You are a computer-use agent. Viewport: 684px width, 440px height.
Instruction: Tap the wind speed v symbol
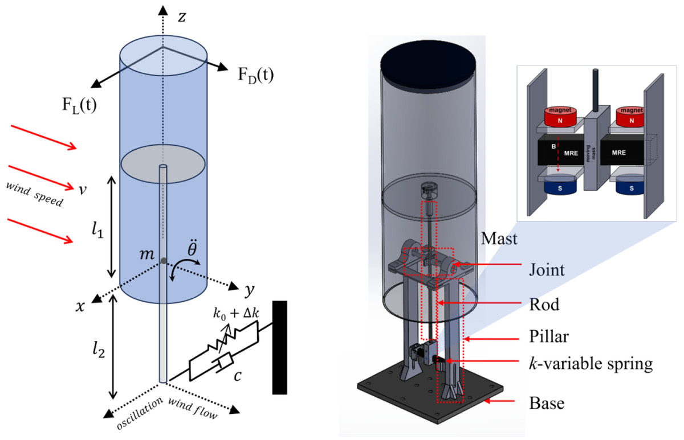(x=83, y=188)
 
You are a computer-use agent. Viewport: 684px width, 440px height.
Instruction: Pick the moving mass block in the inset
(x=595, y=154)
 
